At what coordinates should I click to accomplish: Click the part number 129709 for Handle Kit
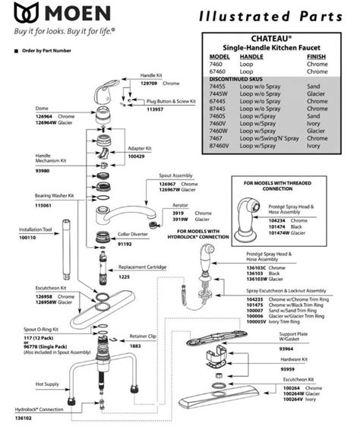point(151,82)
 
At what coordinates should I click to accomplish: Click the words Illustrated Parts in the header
point(274,15)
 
